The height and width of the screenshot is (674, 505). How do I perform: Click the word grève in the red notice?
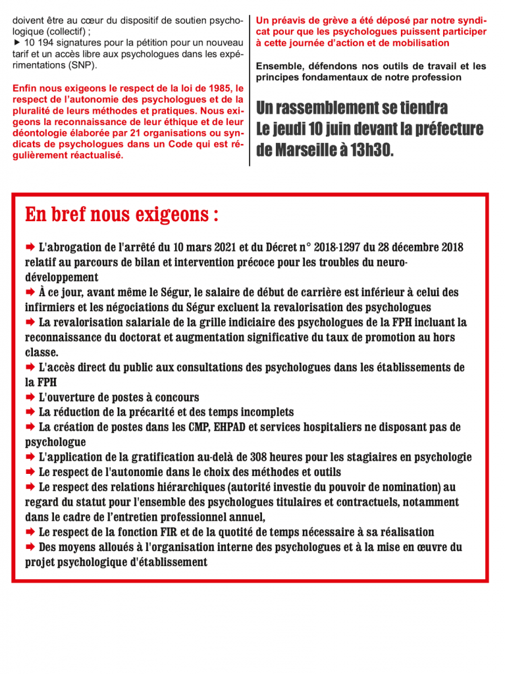pos(328,20)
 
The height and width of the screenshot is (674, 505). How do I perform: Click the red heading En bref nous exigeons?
pos(122,215)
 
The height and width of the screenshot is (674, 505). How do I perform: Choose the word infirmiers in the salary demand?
pos(52,307)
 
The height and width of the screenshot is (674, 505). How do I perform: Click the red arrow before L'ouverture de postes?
pos(30,398)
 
